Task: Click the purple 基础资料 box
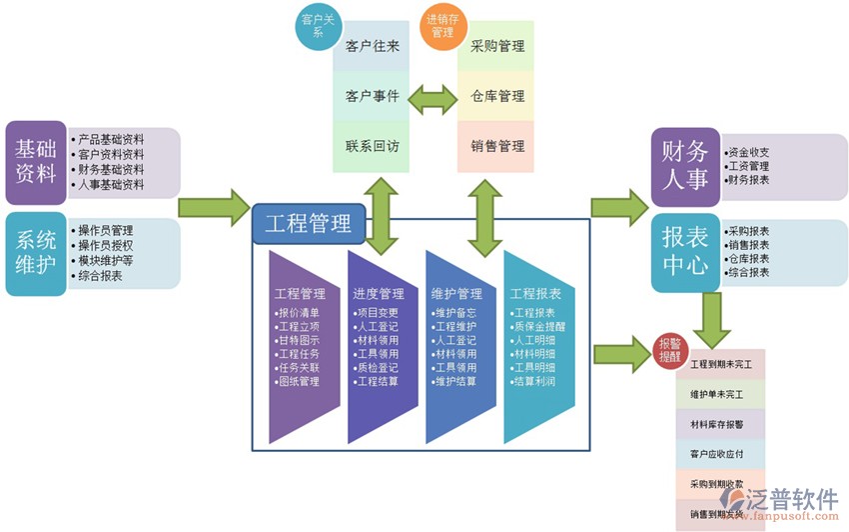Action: pyautogui.click(x=36, y=161)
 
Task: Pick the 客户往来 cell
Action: pyautogui.click(x=372, y=46)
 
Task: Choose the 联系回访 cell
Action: pyautogui.click(x=372, y=146)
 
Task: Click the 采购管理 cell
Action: pyautogui.click(x=496, y=46)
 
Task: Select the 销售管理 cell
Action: pyautogui.click(x=496, y=146)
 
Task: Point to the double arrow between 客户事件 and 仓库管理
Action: pyautogui.click(x=433, y=97)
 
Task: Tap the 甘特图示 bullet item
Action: pyautogui.click(x=299, y=340)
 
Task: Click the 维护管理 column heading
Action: pyautogui.click(x=456, y=294)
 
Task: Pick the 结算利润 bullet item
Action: pyautogui.click(x=533, y=381)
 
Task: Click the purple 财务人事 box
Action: pyautogui.click(x=684, y=165)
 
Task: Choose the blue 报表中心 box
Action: pyautogui.click(x=684, y=250)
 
